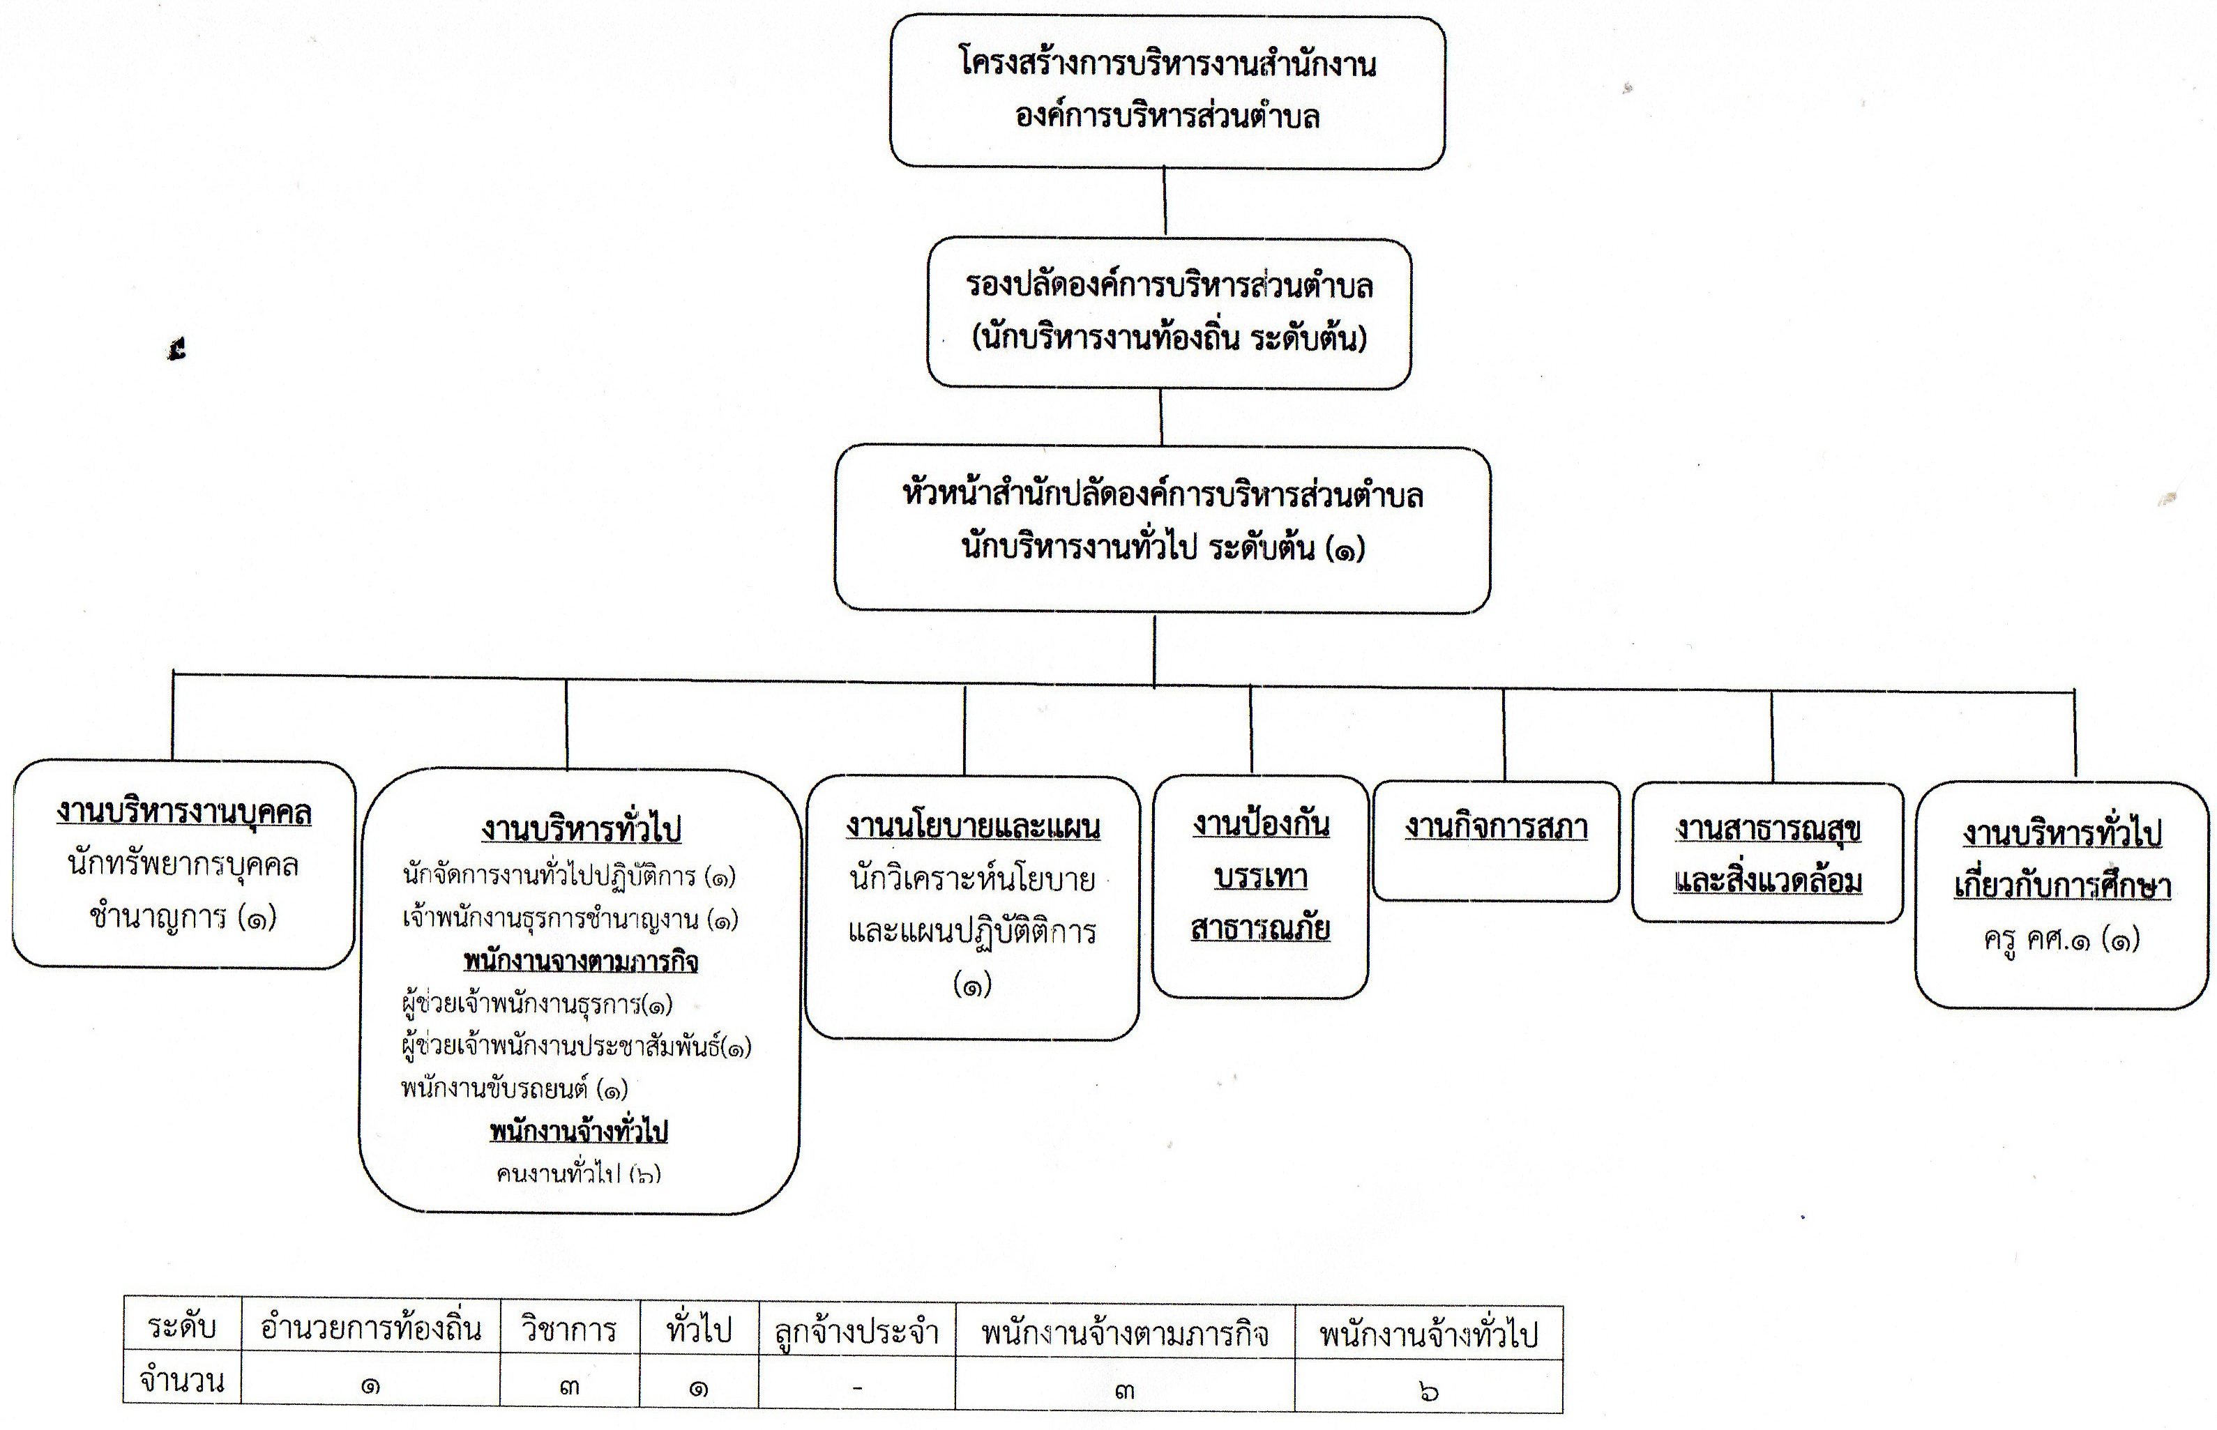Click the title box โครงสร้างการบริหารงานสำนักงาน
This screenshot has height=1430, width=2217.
click(x=1167, y=91)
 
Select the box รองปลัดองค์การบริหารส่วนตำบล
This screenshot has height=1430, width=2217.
click(x=1170, y=313)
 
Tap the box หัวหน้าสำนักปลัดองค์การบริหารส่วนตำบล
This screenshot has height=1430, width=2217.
click(x=1163, y=528)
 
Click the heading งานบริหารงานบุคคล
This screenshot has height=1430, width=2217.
click(x=184, y=812)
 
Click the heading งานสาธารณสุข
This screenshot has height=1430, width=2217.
click(x=1767, y=828)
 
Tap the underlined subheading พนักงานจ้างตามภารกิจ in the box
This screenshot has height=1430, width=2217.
click(x=580, y=961)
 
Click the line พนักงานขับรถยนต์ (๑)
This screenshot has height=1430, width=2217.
click(x=515, y=1088)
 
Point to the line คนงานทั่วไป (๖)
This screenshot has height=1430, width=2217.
click(x=579, y=1173)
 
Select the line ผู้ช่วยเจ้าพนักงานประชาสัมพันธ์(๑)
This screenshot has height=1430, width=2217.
click(x=576, y=1047)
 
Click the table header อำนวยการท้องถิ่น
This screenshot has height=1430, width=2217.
click(x=370, y=1329)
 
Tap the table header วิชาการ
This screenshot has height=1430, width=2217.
click(x=569, y=1330)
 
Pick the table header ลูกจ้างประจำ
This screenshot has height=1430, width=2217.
click(x=856, y=1332)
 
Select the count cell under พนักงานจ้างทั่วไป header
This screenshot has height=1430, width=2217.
click(x=1428, y=1391)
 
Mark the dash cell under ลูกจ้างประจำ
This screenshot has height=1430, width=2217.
click(x=856, y=1389)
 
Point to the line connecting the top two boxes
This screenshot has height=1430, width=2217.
click(x=1165, y=202)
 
